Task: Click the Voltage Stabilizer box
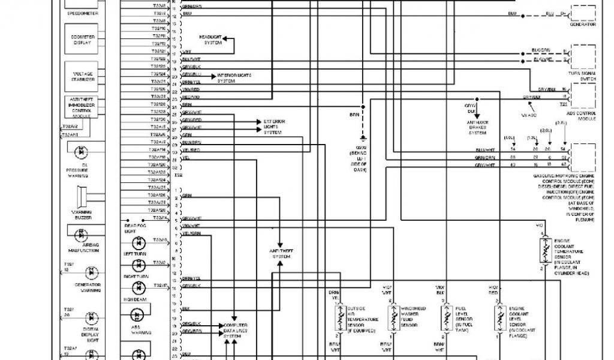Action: (83, 77)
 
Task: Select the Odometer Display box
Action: (83, 40)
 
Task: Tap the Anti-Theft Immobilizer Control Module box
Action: (82, 106)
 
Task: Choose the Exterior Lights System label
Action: (274, 127)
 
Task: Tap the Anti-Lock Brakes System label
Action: (478, 128)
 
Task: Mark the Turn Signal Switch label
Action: (582, 76)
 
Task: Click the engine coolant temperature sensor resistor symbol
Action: (545, 251)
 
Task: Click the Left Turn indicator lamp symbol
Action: (140, 242)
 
